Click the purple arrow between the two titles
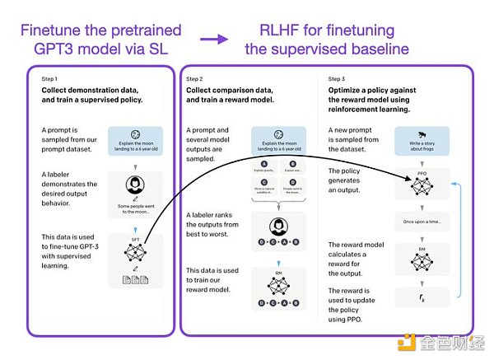click(x=216, y=38)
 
